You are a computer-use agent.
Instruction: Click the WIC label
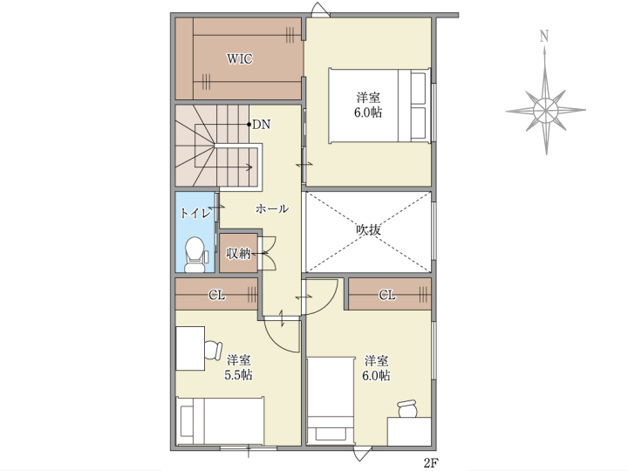pos(240,59)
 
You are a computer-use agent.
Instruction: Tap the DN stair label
pos(261,125)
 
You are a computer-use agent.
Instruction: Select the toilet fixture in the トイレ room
pos(195,255)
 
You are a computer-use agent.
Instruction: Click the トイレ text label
pos(195,213)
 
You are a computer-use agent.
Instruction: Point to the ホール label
pos(272,208)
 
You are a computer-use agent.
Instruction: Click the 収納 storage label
pos(238,253)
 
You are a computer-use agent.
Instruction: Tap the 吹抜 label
pos(368,230)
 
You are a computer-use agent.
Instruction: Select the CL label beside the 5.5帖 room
pos(216,296)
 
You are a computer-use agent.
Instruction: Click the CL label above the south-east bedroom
pos(387,295)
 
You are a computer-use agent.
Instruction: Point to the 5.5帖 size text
pos(238,375)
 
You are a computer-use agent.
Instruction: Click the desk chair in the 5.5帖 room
pos(213,350)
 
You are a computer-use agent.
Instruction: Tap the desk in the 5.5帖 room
pos(191,348)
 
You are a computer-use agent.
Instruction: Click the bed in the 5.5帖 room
pos(221,420)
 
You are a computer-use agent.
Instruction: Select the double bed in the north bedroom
pos(379,106)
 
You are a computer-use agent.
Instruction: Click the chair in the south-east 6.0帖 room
pos(407,409)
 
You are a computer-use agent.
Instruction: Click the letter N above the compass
pos(544,37)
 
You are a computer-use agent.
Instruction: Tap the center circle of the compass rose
pos(545,109)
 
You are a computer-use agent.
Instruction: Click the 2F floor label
pos(430,463)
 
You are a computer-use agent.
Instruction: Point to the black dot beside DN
pos(249,124)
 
